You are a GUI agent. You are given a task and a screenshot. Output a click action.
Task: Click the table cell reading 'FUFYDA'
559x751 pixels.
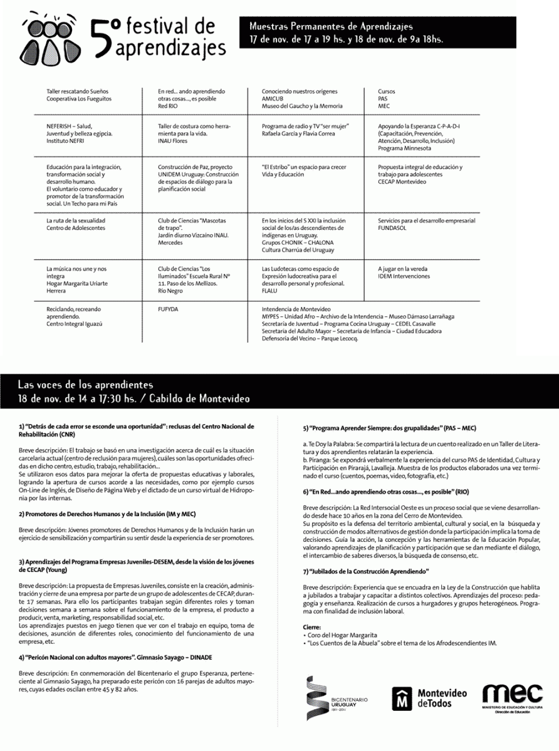(167, 309)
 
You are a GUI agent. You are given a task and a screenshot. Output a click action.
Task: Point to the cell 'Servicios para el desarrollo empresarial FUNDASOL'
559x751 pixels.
(426, 224)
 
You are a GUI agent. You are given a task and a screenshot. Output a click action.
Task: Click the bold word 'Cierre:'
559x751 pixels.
(311, 627)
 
